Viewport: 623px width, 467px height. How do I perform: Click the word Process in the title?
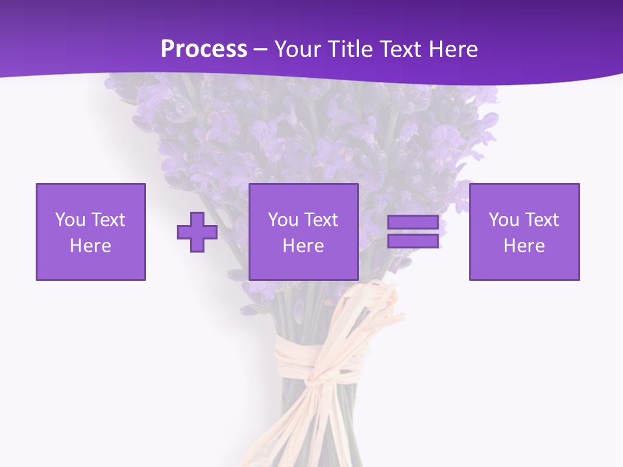pyautogui.click(x=204, y=49)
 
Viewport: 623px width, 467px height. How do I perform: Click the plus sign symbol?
pyautogui.click(x=197, y=232)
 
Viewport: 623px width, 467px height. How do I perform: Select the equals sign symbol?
pyautogui.click(x=413, y=232)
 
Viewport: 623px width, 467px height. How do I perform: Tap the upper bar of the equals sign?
pyautogui.click(x=413, y=222)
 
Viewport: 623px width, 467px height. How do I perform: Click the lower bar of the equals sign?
pyautogui.click(x=413, y=241)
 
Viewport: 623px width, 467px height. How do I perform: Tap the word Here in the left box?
pyautogui.click(x=91, y=246)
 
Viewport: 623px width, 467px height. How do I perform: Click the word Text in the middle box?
pyautogui.click(x=321, y=220)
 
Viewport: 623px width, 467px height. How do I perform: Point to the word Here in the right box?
pyautogui.click(x=524, y=246)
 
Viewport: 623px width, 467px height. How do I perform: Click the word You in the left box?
pyautogui.click(x=70, y=220)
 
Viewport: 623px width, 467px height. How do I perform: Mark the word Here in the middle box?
pyautogui.click(x=304, y=246)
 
